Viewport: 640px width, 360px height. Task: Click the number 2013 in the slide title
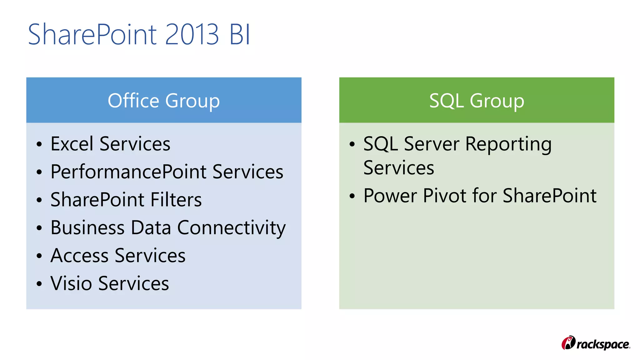point(192,34)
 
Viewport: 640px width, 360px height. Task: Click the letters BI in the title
point(240,34)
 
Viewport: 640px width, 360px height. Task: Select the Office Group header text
point(164,101)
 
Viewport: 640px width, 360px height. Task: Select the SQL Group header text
point(477,101)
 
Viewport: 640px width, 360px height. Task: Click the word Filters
point(176,200)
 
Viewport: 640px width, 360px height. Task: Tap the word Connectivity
point(231,227)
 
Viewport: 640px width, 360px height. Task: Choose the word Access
point(79,256)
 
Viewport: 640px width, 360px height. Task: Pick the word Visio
point(71,283)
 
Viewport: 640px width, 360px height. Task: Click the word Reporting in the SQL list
point(508,144)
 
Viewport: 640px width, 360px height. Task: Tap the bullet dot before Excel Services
point(39,144)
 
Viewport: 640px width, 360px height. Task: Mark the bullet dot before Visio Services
point(39,284)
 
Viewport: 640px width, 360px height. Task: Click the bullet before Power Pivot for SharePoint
point(352,196)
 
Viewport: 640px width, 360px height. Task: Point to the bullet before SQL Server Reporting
point(352,144)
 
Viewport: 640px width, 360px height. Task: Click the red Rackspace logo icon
point(568,343)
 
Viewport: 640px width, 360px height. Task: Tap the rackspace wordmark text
point(603,344)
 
